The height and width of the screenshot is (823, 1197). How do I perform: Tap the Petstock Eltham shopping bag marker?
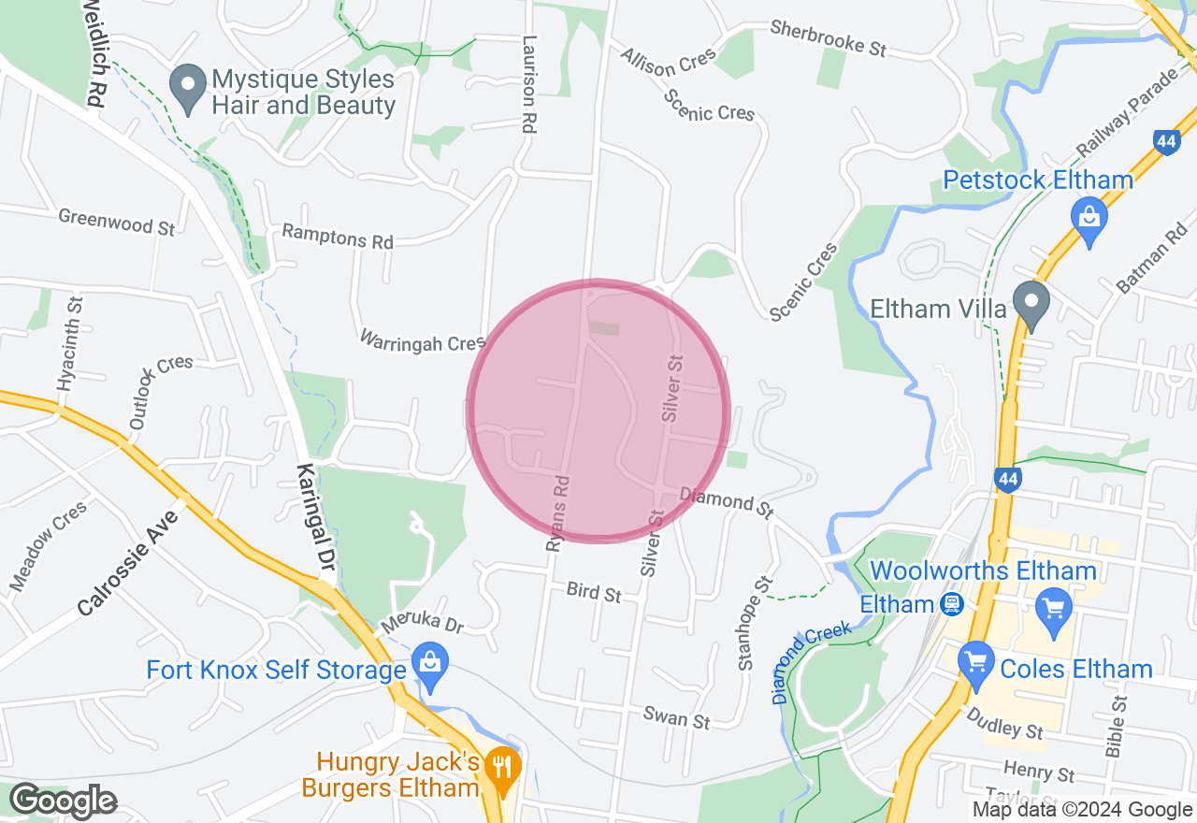tap(1089, 219)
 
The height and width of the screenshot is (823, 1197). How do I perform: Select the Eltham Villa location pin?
tap(1032, 303)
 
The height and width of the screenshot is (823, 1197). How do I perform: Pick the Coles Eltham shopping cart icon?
tap(975, 664)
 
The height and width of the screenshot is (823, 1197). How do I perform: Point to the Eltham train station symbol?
tap(952, 604)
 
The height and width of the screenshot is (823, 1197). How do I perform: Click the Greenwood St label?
tap(117, 222)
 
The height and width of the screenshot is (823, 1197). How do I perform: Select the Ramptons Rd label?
tap(338, 237)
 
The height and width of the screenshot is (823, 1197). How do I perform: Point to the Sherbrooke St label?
tap(829, 39)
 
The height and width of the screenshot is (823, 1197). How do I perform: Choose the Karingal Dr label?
tap(315, 517)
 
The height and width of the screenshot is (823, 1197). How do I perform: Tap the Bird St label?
tap(594, 592)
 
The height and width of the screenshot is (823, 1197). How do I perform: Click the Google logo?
tap(64, 801)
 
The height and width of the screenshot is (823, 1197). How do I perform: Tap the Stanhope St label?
tap(755, 623)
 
